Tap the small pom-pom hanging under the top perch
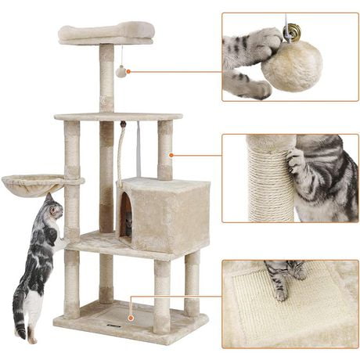(121, 72)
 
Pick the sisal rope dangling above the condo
(121, 153)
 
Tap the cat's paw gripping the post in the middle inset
(296, 163)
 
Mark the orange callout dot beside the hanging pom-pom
(128, 72)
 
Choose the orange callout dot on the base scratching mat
(130, 297)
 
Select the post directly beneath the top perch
(106, 78)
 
